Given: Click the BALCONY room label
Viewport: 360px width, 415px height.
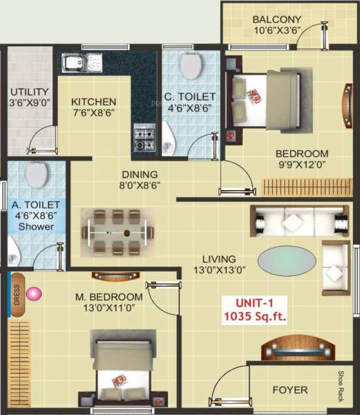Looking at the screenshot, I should click(276, 19).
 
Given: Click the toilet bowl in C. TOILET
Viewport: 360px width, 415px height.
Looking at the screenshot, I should click(190, 66).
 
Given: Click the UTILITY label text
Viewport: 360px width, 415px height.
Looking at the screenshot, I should click(29, 91).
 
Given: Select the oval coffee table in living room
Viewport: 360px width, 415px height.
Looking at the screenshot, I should click(288, 261).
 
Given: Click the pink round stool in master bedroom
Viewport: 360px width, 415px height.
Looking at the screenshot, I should click(34, 295).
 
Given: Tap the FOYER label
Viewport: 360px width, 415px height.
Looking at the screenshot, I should click(290, 390).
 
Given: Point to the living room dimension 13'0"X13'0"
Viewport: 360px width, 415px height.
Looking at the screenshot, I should click(219, 271).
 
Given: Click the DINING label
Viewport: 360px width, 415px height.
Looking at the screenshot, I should click(140, 174).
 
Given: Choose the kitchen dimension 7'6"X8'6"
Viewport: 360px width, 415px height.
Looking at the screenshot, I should click(93, 113).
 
